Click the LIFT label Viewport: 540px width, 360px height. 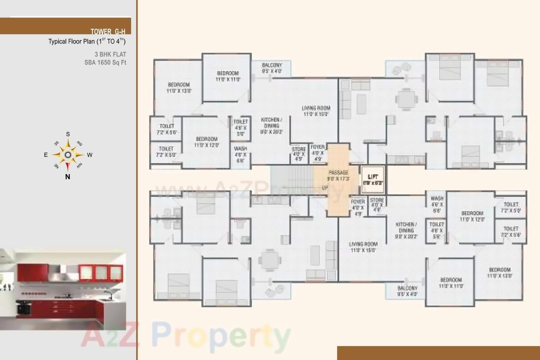[373, 177]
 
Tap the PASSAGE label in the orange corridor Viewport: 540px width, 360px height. [338, 172]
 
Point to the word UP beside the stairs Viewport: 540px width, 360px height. [325, 188]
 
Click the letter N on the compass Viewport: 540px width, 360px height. [67, 177]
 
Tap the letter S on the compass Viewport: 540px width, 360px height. [68, 134]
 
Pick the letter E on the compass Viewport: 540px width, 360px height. [46, 155]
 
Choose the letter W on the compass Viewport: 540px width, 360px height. [89, 155]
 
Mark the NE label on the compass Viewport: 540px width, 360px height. [56, 166]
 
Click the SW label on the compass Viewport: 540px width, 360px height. [79, 143]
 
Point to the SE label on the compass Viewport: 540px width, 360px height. [56, 143]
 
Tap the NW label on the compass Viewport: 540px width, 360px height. [79, 166]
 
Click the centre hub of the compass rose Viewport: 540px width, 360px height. [67, 155]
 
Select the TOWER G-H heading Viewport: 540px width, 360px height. [108, 31]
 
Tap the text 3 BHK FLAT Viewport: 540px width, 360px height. [110, 54]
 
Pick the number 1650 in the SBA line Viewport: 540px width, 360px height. [105, 63]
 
